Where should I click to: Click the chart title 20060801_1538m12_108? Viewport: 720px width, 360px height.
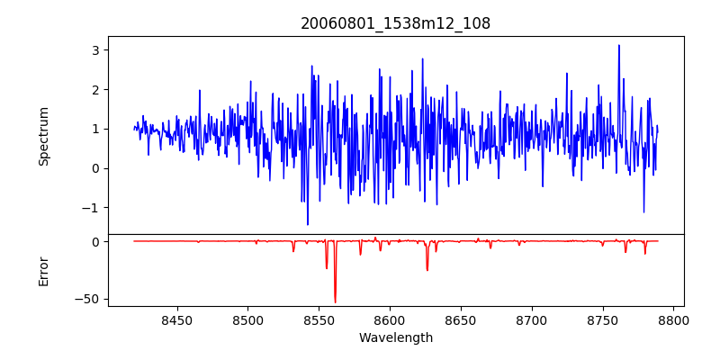tap(395, 24)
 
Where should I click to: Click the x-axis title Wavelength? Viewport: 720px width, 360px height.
tap(395, 338)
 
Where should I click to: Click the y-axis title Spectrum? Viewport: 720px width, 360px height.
tap(43, 136)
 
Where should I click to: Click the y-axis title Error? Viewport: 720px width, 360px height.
tap(43, 271)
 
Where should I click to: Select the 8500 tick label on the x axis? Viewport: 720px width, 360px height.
tap(247, 319)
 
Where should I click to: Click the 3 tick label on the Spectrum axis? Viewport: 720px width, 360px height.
tap(94, 50)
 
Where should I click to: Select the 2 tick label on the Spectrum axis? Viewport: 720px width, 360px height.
tap(94, 90)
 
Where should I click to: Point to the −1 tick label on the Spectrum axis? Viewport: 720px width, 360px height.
tap(91, 208)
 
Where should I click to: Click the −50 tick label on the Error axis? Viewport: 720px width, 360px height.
tap(87, 299)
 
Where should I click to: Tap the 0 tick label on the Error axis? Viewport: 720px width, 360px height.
tap(94, 242)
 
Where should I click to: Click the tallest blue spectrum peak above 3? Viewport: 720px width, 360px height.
tap(619, 46)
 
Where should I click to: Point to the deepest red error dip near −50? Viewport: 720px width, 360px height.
tap(335, 302)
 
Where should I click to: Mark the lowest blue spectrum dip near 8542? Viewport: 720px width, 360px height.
tap(308, 224)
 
